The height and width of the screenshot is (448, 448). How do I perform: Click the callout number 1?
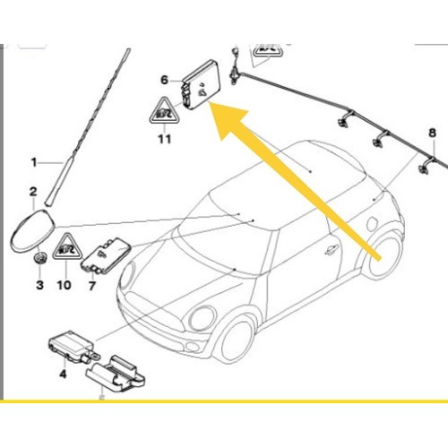[x=34, y=163]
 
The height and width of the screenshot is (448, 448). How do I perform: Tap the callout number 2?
[x=33, y=192]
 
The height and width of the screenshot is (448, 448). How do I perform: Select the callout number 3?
[x=39, y=285]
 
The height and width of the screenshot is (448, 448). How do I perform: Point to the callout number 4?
[x=63, y=374]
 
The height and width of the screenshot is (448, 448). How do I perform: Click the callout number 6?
[x=165, y=80]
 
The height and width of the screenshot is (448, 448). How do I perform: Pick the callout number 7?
[x=92, y=286]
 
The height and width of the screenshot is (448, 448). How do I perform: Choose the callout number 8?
[x=432, y=133]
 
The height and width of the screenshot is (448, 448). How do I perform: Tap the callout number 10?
[x=65, y=285]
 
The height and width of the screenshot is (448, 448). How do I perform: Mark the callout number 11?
[x=165, y=139]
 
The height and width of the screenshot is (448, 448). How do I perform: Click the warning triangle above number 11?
[x=164, y=111]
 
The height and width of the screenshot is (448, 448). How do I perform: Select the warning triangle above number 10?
[x=67, y=248]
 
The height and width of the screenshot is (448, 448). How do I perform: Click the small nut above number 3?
[x=39, y=258]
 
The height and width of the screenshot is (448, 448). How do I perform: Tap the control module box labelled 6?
[x=200, y=84]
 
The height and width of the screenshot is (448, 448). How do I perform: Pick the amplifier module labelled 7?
[x=106, y=256]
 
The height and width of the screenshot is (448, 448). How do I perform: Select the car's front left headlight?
[x=203, y=319]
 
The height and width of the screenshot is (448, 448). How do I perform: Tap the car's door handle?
[x=332, y=251]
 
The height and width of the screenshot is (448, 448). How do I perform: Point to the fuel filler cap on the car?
[x=373, y=224]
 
